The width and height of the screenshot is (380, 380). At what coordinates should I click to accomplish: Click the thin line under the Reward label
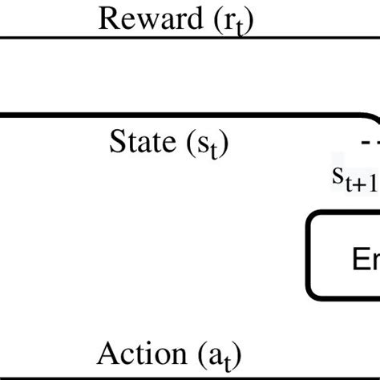click(160, 37)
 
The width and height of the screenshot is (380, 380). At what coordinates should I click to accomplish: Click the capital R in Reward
click(107, 18)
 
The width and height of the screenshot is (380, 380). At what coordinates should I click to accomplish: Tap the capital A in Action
click(106, 352)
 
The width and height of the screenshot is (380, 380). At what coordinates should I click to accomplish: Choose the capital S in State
click(115, 143)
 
